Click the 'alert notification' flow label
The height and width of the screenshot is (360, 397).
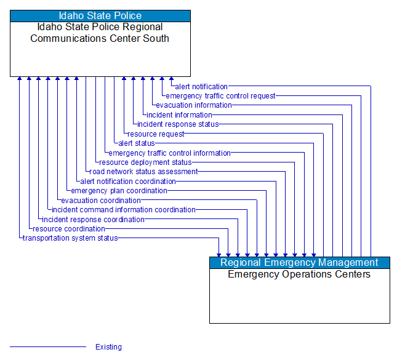pyautogui.click(x=201, y=87)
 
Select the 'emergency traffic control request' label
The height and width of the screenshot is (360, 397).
pyautogui.click(x=220, y=96)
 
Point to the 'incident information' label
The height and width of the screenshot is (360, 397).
pyautogui.click(x=179, y=115)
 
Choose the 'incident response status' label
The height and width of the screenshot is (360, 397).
pyautogui.click(x=178, y=124)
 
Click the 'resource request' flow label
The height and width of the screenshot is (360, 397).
pyautogui.click(x=156, y=134)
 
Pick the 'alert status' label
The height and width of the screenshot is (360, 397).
pyautogui.click(x=137, y=143)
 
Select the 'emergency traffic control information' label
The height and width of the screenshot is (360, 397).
pyautogui.click(x=169, y=153)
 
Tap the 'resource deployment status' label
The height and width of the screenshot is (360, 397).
pyautogui.click(x=145, y=162)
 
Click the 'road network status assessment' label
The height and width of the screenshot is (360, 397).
pyautogui.click(x=144, y=172)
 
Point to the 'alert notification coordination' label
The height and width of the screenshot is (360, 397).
pyautogui.click(x=128, y=182)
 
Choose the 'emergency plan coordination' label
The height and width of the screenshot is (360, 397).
pyautogui.click(x=119, y=191)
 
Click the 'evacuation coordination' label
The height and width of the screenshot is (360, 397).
pyautogui.click(x=101, y=201)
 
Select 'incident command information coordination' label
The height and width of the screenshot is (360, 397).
pyautogui.click(x=124, y=210)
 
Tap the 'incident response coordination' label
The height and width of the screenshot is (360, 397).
pyautogui.click(x=93, y=220)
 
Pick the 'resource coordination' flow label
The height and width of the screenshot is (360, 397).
pyautogui.click(x=69, y=229)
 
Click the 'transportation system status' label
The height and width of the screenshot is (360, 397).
pyautogui.click(x=70, y=238)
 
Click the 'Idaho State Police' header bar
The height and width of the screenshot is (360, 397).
pyautogui.click(x=100, y=16)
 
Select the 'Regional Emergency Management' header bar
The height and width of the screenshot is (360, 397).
pyautogui.click(x=299, y=263)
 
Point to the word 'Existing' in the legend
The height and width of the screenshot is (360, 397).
pyautogui.click(x=108, y=347)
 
